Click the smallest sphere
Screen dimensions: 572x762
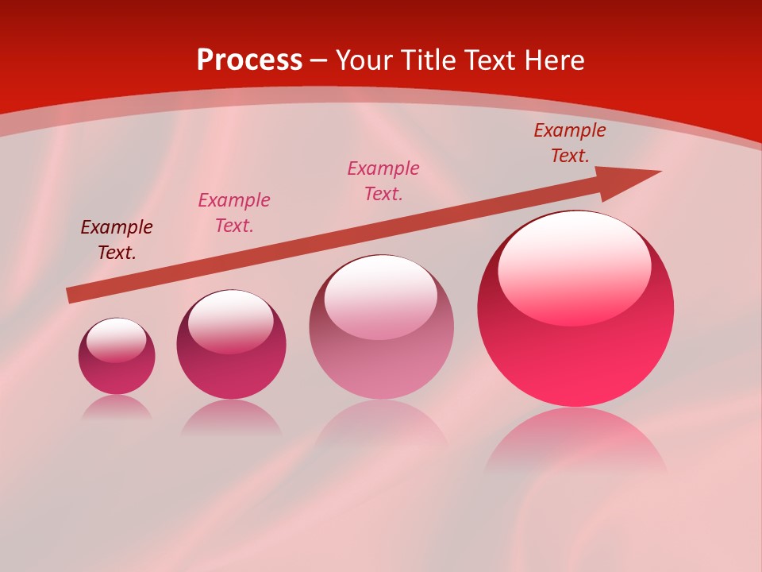117,357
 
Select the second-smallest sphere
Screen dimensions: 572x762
231,345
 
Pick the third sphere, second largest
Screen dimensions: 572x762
381,327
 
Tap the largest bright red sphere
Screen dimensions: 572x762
575,309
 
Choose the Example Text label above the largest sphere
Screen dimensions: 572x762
570,143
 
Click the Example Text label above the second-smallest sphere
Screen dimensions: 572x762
234,213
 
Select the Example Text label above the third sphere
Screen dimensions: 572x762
383,180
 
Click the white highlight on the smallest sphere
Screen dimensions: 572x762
117,339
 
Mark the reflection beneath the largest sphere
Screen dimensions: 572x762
575,441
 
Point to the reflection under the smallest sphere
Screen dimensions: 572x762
117,407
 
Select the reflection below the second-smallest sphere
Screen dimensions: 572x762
231,417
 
